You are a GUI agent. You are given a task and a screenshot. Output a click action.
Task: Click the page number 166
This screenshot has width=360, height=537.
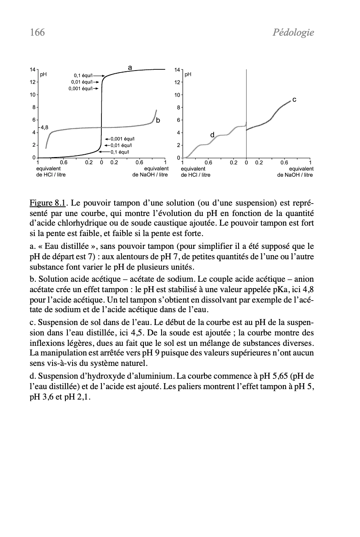[37, 32]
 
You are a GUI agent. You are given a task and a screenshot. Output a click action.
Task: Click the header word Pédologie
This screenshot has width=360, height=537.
[293, 33]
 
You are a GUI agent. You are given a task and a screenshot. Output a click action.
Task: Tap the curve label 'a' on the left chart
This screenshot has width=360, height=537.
[130, 67]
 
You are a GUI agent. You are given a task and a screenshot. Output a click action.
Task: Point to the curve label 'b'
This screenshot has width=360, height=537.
[158, 120]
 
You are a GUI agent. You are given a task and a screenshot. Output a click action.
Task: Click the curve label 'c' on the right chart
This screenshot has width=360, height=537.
[294, 99]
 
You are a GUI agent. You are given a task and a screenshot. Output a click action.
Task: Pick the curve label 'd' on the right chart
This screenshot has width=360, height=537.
[212, 135]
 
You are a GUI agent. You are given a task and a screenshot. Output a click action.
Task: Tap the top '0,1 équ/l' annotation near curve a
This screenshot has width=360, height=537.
[83, 75]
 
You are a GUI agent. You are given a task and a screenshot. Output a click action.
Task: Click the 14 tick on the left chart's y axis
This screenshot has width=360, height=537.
[32, 70]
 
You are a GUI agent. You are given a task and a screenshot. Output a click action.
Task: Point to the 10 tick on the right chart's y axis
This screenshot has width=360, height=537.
[177, 95]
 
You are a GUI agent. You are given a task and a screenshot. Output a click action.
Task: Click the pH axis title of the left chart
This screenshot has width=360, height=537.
[43, 75]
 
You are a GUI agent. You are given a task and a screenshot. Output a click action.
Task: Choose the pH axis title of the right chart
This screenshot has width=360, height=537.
[188, 75]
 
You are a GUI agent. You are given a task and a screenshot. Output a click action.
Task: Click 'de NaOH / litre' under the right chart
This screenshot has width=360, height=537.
[295, 175]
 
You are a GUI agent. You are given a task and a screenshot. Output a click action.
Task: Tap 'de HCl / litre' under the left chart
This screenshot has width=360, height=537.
[51, 175]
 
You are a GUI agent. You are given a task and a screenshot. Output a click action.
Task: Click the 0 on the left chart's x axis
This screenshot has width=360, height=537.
[101, 163]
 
